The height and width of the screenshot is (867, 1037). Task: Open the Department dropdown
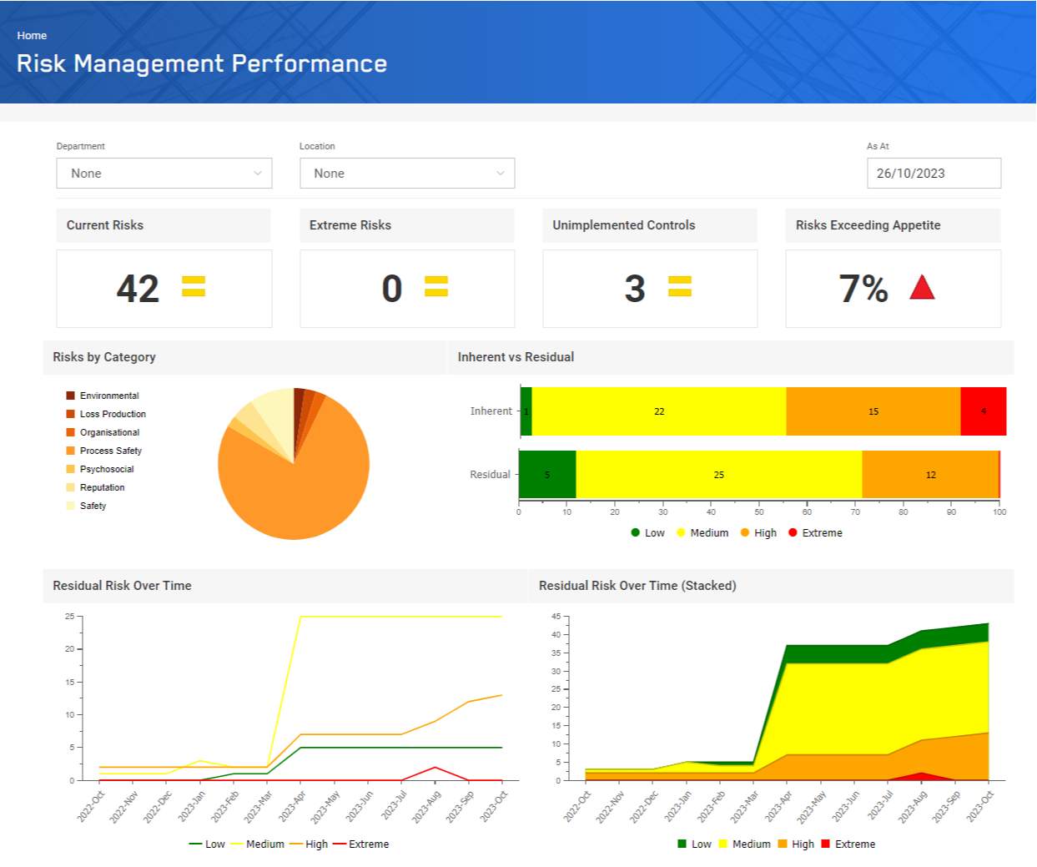164,174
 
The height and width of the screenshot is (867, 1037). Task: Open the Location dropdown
407,174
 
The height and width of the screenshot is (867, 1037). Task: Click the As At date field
934,174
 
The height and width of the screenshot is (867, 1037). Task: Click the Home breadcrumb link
32,36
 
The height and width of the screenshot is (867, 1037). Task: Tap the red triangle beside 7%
922,289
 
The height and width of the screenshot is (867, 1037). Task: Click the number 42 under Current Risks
138,289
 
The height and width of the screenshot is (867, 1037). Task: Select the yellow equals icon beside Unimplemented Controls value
680,287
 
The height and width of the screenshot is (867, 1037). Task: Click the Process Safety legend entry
110,451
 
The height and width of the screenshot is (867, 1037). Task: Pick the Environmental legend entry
108,396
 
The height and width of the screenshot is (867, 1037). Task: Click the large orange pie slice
292,484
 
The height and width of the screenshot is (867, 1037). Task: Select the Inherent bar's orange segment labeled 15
873,411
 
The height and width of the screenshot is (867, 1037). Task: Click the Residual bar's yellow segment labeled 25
718,475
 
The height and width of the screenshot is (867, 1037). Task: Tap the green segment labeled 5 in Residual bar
547,475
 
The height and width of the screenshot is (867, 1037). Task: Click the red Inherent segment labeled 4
984,411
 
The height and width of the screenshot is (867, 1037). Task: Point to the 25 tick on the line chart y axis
70,617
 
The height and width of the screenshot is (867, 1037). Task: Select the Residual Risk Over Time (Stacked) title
637,586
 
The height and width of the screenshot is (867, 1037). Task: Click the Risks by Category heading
104,357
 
